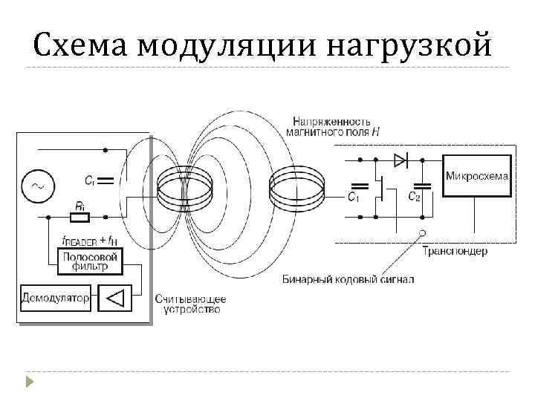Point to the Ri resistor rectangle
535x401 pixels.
pos(78,218)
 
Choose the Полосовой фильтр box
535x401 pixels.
pos(90,260)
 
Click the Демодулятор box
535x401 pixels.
pos(55,299)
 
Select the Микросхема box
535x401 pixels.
pos(477,176)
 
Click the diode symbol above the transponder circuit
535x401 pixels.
pos(400,159)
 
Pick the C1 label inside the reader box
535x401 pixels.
pos(89,179)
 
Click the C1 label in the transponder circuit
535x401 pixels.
pos(354,198)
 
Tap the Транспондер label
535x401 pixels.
pos(455,252)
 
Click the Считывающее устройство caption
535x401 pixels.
pos(190,304)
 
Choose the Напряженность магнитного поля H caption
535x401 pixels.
pos(332,125)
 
